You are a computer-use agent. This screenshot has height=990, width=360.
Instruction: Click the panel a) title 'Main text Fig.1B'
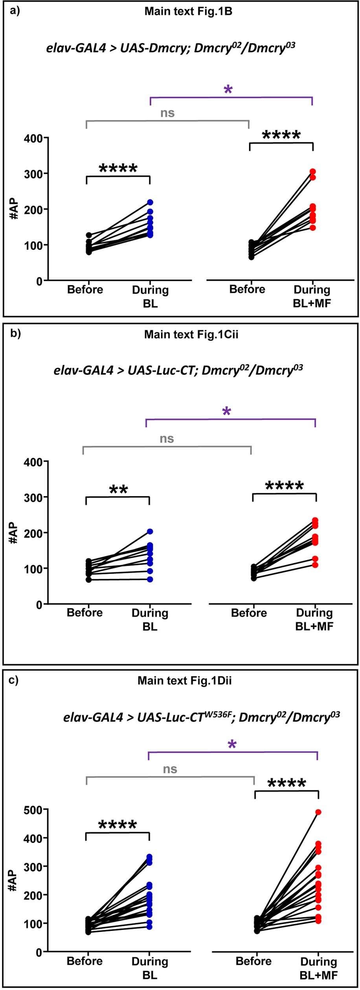point(188,11)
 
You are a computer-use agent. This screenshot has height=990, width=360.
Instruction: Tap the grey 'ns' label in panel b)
point(167,438)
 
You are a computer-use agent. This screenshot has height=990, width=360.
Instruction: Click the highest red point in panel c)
point(318,812)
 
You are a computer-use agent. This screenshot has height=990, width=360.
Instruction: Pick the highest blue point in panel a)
point(150,202)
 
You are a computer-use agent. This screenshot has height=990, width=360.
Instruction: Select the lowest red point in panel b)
point(315,565)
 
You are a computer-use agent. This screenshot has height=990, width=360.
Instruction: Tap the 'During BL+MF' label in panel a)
point(312,296)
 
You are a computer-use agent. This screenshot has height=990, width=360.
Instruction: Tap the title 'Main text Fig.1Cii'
point(191,334)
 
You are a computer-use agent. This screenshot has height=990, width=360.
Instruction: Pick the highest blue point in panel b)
point(150,531)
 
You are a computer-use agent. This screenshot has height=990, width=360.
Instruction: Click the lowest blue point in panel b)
point(150,579)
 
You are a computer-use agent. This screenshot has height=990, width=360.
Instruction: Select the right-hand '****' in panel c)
point(287,784)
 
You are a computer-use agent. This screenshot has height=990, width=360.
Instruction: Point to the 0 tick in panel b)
point(39,604)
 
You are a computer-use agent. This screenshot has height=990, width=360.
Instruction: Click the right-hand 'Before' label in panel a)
point(247,289)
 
